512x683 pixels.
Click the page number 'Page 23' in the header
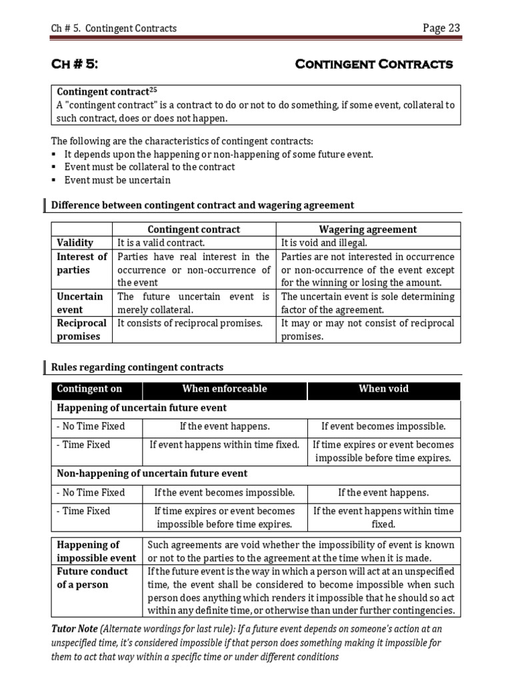[441, 27]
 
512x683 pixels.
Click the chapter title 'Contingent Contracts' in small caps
[373, 64]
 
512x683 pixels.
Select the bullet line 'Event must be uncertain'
[117, 180]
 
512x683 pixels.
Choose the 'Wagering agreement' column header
[368, 229]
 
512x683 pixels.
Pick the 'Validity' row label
[75, 243]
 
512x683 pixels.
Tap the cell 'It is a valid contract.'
[161, 243]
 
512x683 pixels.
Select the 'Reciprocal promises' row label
[82, 329]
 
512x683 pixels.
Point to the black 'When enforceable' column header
[224, 389]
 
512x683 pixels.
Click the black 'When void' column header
[383, 389]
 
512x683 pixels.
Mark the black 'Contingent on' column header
[89, 389]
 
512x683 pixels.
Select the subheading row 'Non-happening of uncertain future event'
[152, 474]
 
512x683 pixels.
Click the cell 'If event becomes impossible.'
[383, 426]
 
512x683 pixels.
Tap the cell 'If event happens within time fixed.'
[224, 444]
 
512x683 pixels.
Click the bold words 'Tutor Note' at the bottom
[74, 629]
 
